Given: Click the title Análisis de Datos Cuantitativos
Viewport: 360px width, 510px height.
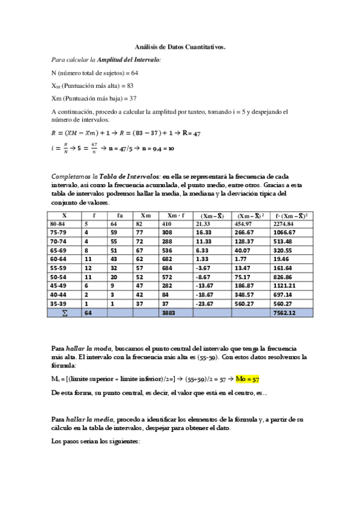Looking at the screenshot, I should (180, 46).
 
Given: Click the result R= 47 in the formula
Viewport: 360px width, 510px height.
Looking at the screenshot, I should (191, 133).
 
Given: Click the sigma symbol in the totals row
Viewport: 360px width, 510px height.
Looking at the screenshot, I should (64, 313).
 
